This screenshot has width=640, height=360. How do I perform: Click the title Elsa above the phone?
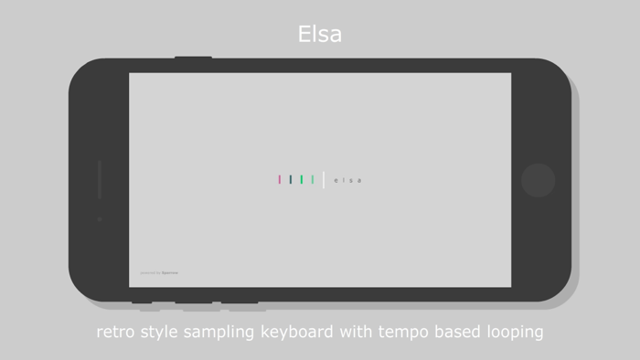[x=320, y=35]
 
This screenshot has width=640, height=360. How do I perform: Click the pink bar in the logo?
[x=280, y=180]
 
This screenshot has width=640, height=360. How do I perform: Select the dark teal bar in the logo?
[x=291, y=180]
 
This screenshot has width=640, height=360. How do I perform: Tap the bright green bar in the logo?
[x=302, y=180]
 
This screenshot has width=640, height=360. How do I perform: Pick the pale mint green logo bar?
[x=313, y=180]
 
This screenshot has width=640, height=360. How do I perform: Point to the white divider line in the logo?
[x=324, y=180]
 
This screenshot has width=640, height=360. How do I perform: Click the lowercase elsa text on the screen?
[x=348, y=180]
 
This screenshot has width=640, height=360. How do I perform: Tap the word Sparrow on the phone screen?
[x=170, y=272]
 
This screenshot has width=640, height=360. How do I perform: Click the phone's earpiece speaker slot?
[x=100, y=180]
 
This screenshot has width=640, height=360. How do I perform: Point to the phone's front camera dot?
[x=100, y=219]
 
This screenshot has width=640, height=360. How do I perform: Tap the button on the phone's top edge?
[x=193, y=58]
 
